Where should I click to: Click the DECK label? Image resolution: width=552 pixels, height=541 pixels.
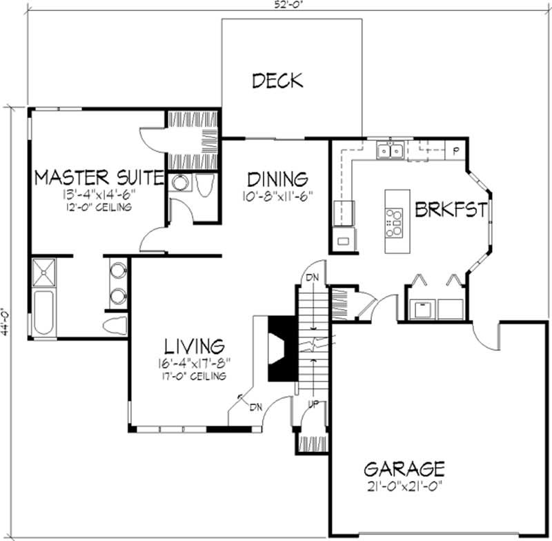click(x=277, y=81)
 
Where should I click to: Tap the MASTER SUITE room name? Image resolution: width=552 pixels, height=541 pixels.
click(x=99, y=177)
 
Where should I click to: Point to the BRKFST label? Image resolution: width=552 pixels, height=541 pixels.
click(x=451, y=210)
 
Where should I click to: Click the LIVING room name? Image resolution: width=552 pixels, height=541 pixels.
click(x=193, y=345)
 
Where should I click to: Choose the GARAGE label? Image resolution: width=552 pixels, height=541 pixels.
click(x=404, y=469)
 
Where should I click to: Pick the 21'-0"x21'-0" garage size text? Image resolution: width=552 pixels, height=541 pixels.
click(x=404, y=486)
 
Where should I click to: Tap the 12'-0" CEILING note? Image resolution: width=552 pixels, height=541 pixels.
click(x=99, y=207)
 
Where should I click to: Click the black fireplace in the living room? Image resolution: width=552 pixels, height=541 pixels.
click(x=283, y=348)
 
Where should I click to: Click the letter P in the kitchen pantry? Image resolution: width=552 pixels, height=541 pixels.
click(x=456, y=150)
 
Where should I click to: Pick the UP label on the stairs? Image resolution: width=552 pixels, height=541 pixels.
click(x=312, y=404)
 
